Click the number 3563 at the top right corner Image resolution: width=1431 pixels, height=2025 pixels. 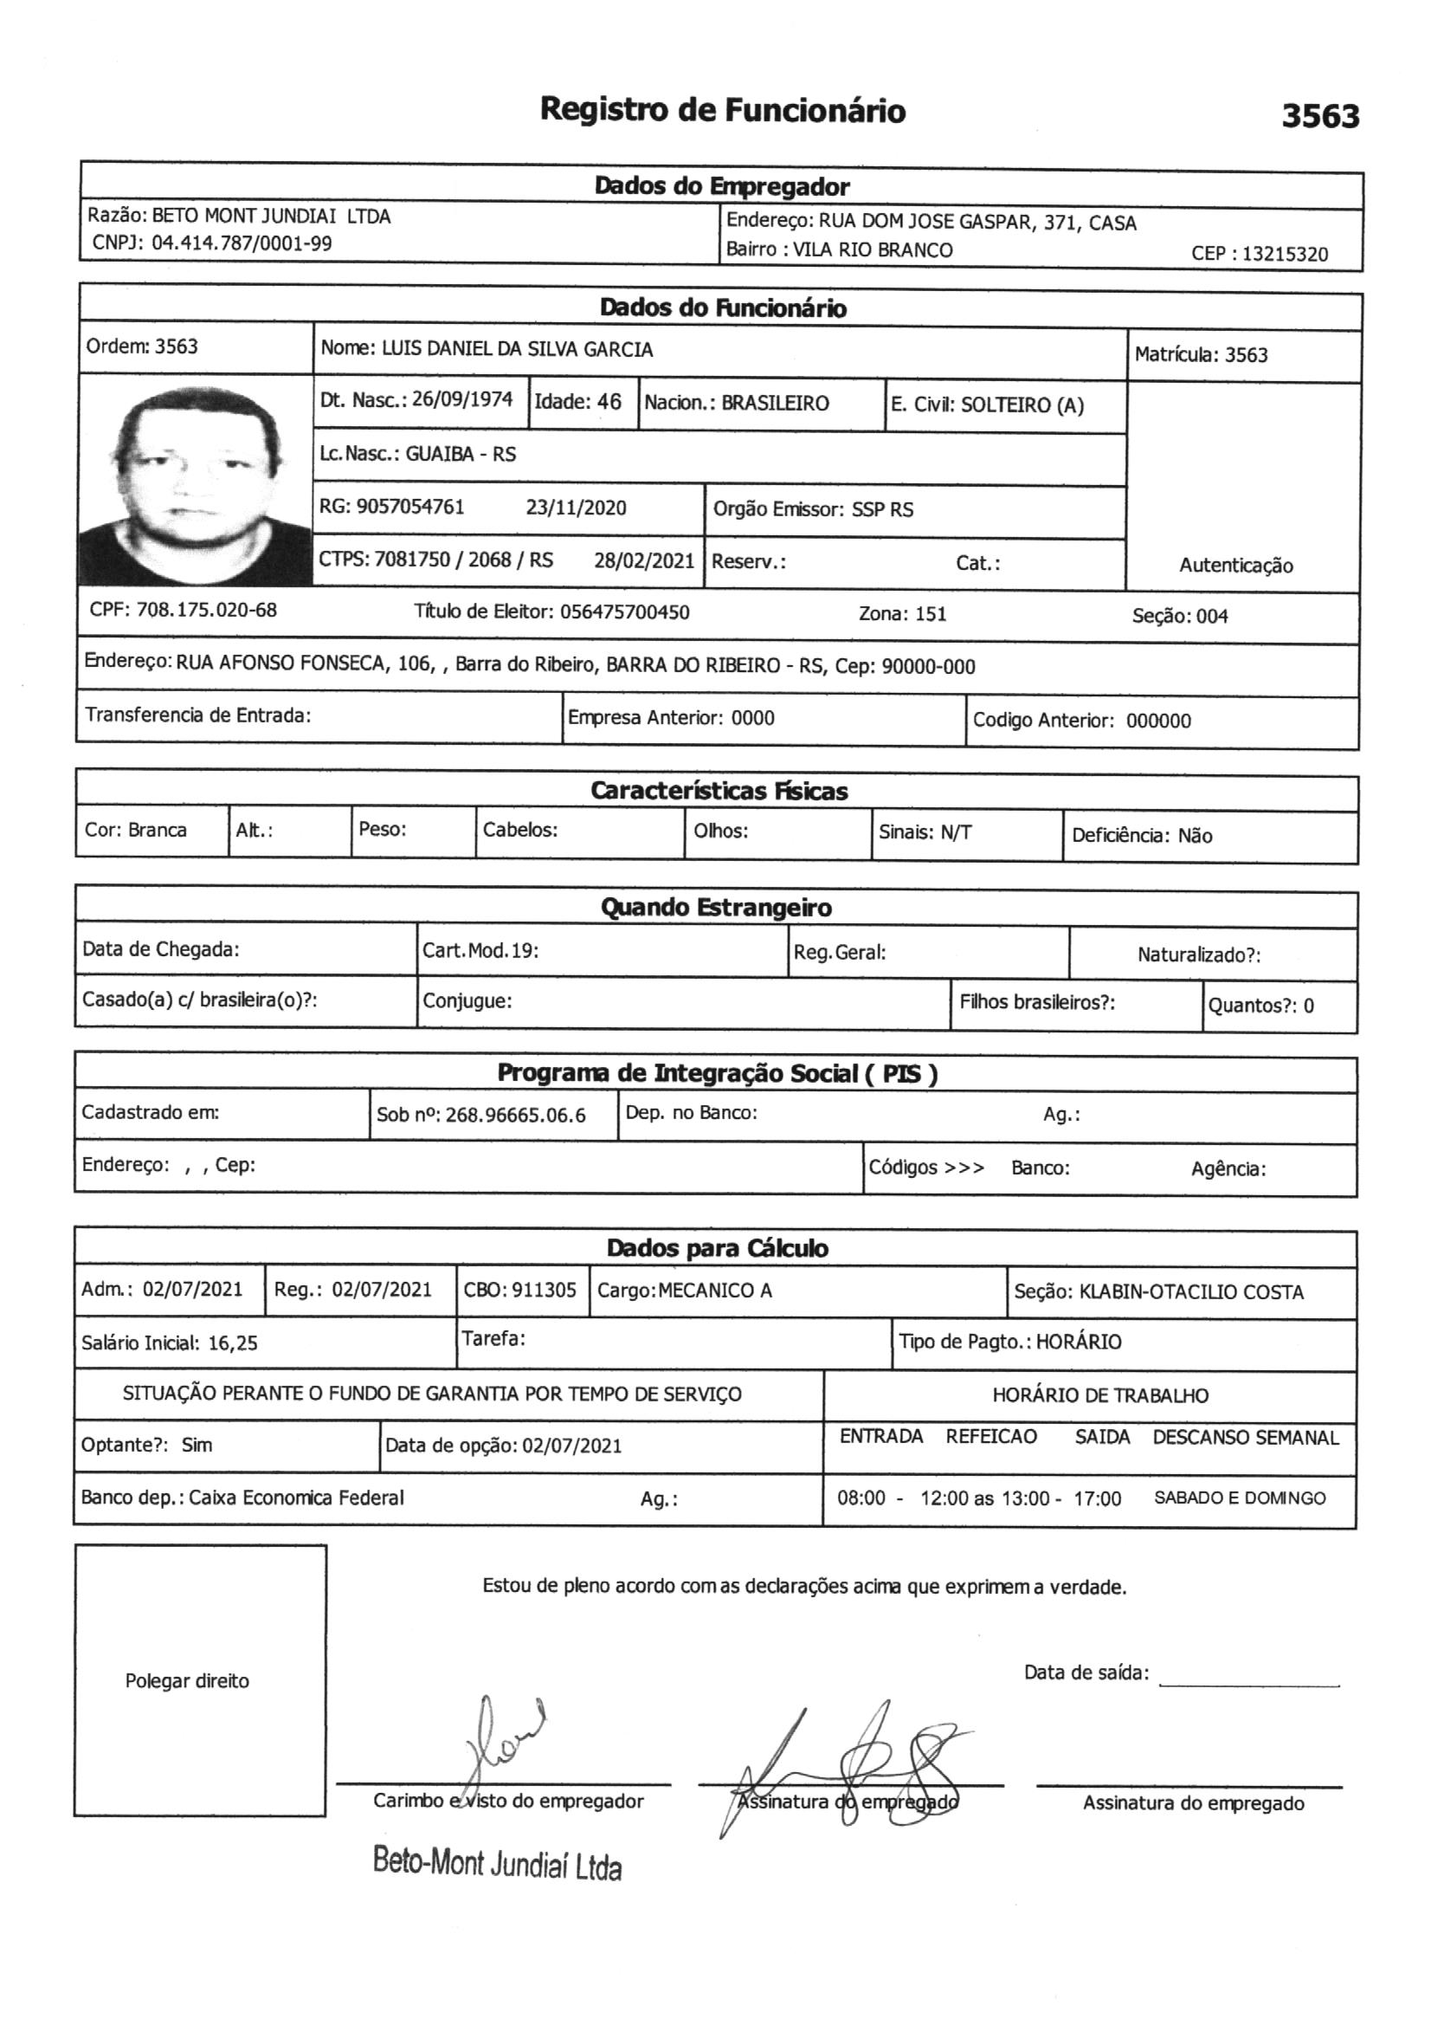(x=1319, y=115)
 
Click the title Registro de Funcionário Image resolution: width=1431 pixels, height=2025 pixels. (x=722, y=111)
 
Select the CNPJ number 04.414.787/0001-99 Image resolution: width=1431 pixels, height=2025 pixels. (x=242, y=243)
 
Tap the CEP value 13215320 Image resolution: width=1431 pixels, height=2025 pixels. (x=1285, y=254)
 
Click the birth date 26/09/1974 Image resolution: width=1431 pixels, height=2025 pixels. (x=462, y=399)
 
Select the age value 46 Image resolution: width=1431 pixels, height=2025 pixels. (x=609, y=402)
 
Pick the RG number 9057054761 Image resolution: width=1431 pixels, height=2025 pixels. (x=410, y=508)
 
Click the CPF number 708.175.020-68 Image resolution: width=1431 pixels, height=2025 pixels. (x=206, y=611)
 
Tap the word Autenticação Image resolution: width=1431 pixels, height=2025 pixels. (x=1235, y=566)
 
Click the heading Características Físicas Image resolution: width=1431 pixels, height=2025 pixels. (x=719, y=791)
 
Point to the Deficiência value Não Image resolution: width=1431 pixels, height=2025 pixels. (x=1195, y=835)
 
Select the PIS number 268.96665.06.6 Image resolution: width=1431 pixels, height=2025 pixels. (x=515, y=1116)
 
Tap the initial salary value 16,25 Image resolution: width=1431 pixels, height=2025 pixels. (x=233, y=1343)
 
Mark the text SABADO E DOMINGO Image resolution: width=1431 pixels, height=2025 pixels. (x=1239, y=1498)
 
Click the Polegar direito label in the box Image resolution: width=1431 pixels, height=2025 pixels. (x=187, y=1680)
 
